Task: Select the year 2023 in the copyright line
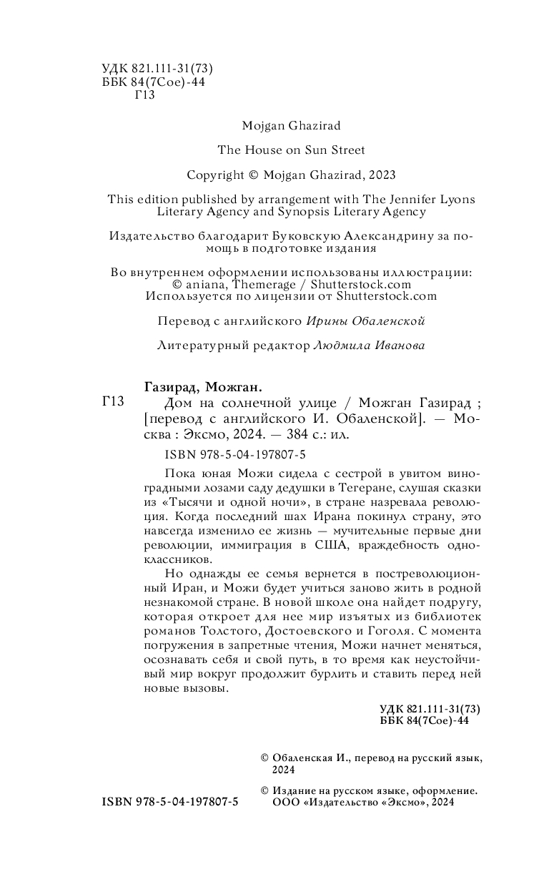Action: (380, 175)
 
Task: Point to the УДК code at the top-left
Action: (158, 69)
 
